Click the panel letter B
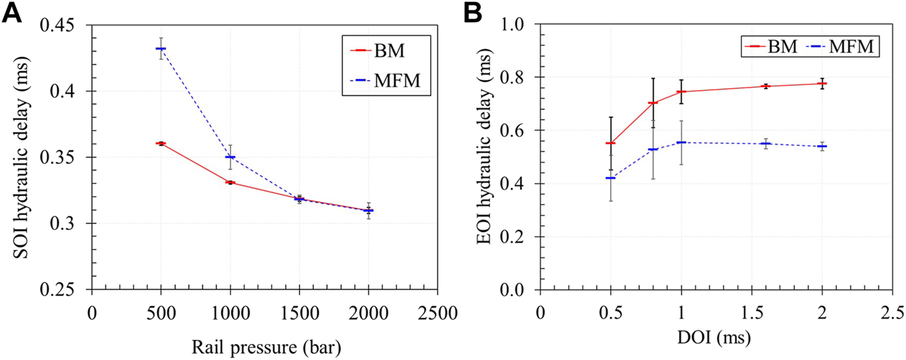[472, 12]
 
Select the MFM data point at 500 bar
[161, 48]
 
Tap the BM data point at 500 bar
[161, 143]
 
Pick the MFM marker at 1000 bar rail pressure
[230, 157]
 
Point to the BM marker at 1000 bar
[230, 182]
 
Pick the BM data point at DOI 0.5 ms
[610, 143]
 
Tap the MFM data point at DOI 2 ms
[822, 146]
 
